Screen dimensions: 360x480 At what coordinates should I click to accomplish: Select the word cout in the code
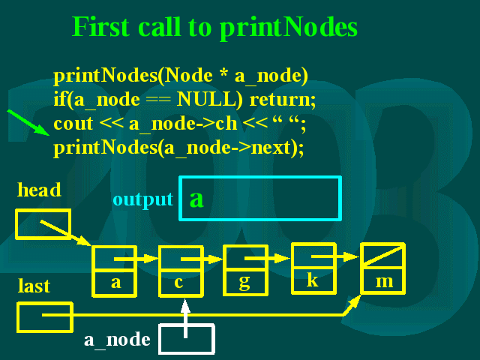click(73, 123)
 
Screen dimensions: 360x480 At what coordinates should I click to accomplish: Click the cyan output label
click(142, 199)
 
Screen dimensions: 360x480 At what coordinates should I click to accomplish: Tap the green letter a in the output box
click(196, 199)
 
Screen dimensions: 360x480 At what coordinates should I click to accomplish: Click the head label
click(39, 190)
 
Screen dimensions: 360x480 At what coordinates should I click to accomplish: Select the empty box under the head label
click(43, 223)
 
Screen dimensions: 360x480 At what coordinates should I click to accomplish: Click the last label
click(34, 286)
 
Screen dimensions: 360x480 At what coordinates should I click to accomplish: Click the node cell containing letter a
click(115, 283)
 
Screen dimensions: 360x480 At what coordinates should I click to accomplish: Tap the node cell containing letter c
click(181, 283)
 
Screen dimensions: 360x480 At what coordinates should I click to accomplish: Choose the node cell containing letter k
click(313, 280)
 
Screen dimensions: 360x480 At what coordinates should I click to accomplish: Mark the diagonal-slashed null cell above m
click(382, 256)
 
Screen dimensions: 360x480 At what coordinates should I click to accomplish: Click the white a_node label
click(117, 340)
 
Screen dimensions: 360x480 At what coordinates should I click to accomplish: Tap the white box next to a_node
click(187, 339)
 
